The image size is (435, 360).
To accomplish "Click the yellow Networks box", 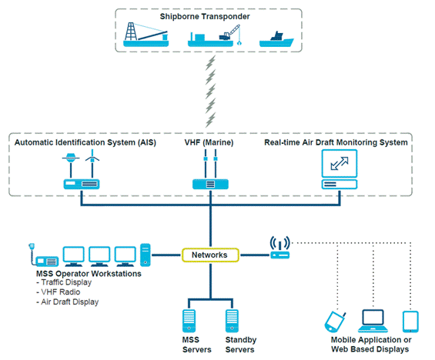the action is tap(210, 255).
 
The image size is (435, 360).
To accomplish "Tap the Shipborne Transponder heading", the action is tap(205, 16).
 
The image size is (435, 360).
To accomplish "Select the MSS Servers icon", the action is tap(189, 321).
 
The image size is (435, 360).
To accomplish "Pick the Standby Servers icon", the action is tap(232, 321).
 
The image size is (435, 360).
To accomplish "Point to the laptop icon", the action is tap(373, 321).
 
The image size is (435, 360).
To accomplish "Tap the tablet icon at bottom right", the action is tap(410, 322).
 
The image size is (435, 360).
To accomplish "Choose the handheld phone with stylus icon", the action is tap(335, 322).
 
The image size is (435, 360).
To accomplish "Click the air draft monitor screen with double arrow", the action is tap(340, 164).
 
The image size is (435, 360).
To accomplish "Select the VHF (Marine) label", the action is tap(209, 142).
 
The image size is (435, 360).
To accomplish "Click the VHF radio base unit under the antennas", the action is tap(210, 185).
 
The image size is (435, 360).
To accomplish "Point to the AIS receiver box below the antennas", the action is tap(82, 185).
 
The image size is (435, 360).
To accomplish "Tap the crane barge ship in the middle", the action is tap(214, 36).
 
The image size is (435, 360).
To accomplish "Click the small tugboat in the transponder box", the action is tap(276, 40).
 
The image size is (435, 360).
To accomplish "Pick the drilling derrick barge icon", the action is tap(146, 35).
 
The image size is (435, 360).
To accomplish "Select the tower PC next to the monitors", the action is tap(146, 255).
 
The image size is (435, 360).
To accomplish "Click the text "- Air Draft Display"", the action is tap(68, 302).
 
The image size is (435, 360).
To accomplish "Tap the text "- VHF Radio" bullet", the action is tap(59, 292).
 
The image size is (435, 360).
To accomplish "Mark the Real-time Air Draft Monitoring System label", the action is tap(336, 142).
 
